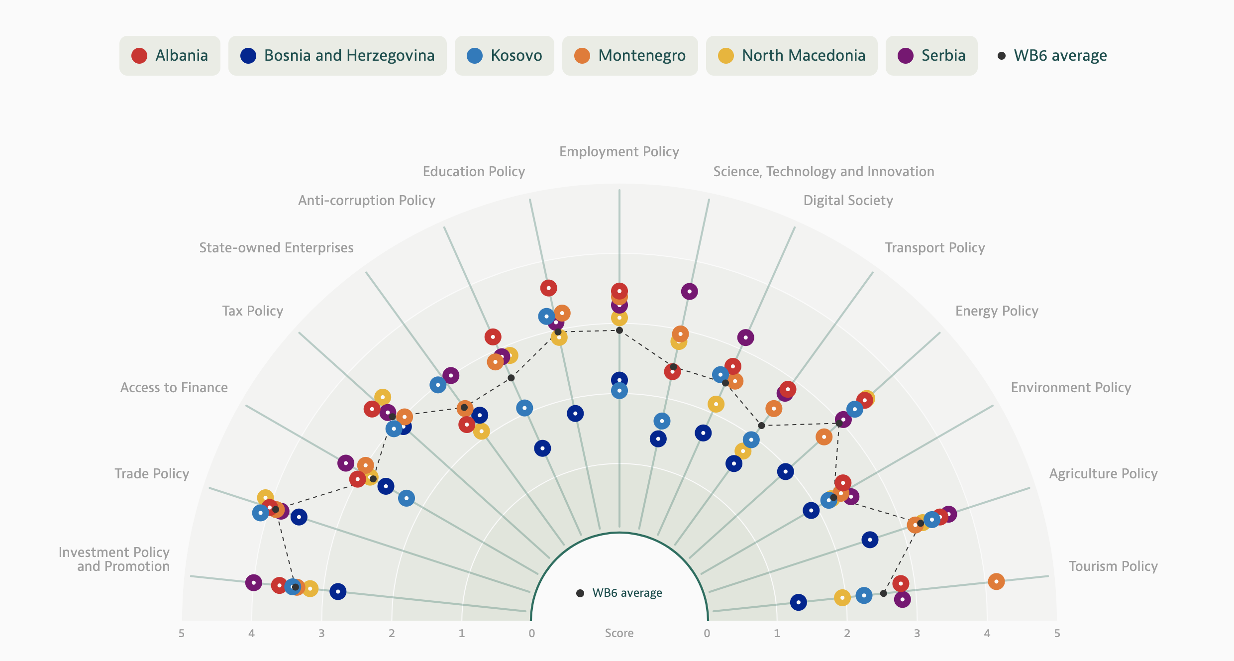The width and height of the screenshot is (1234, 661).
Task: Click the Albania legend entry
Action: [x=170, y=56]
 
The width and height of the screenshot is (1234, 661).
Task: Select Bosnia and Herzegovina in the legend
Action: [x=337, y=56]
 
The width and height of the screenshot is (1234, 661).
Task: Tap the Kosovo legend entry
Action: [x=504, y=56]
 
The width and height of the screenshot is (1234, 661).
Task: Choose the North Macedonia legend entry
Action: [x=791, y=56]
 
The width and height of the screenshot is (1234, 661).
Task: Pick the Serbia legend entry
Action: [x=931, y=56]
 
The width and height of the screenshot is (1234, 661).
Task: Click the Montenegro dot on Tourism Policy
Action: [x=996, y=581]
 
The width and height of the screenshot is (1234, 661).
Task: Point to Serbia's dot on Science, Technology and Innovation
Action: [x=689, y=291]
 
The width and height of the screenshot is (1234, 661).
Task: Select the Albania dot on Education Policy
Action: [x=548, y=288]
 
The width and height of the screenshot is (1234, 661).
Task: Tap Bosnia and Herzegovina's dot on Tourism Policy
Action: [x=798, y=602]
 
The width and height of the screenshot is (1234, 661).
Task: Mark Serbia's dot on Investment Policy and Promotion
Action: [x=254, y=582]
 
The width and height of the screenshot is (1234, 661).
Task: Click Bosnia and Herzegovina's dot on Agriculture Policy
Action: [x=870, y=540]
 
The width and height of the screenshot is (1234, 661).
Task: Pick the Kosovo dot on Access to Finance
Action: [x=407, y=498]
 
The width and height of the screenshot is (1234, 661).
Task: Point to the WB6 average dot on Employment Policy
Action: [x=619, y=330]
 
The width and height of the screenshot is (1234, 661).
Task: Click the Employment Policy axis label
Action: [x=619, y=152]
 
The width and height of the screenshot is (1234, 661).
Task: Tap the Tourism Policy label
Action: [x=1113, y=566]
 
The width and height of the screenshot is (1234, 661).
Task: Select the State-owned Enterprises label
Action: [x=276, y=248]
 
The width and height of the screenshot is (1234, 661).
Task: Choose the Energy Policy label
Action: [x=997, y=311]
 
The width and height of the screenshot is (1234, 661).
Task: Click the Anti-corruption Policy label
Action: [x=367, y=201]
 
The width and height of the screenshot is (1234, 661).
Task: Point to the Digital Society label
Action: [x=848, y=201]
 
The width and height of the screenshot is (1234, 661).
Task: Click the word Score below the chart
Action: [x=619, y=633]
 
